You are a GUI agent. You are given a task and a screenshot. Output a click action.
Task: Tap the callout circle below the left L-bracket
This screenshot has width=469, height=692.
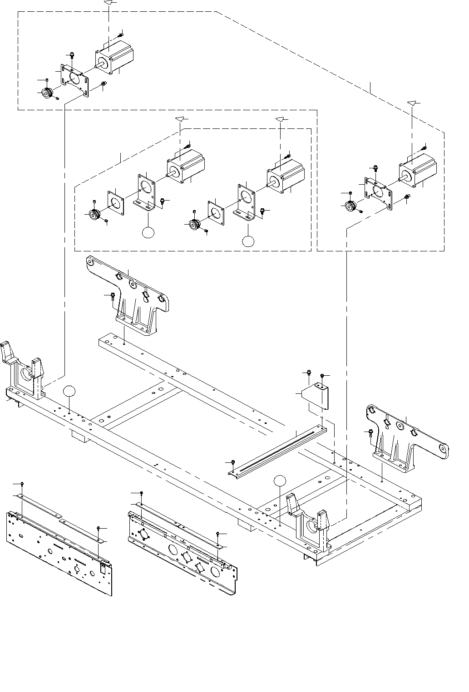pos(148,232)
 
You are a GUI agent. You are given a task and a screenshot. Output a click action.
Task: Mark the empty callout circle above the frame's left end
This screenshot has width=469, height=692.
pos(69,391)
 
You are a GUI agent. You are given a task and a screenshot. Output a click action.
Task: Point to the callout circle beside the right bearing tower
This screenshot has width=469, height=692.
pos(281,481)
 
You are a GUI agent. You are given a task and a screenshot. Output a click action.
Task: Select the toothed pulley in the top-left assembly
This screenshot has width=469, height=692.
pos(47,93)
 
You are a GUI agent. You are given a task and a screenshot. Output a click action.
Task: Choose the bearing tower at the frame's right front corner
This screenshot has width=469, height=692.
pos(311,522)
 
